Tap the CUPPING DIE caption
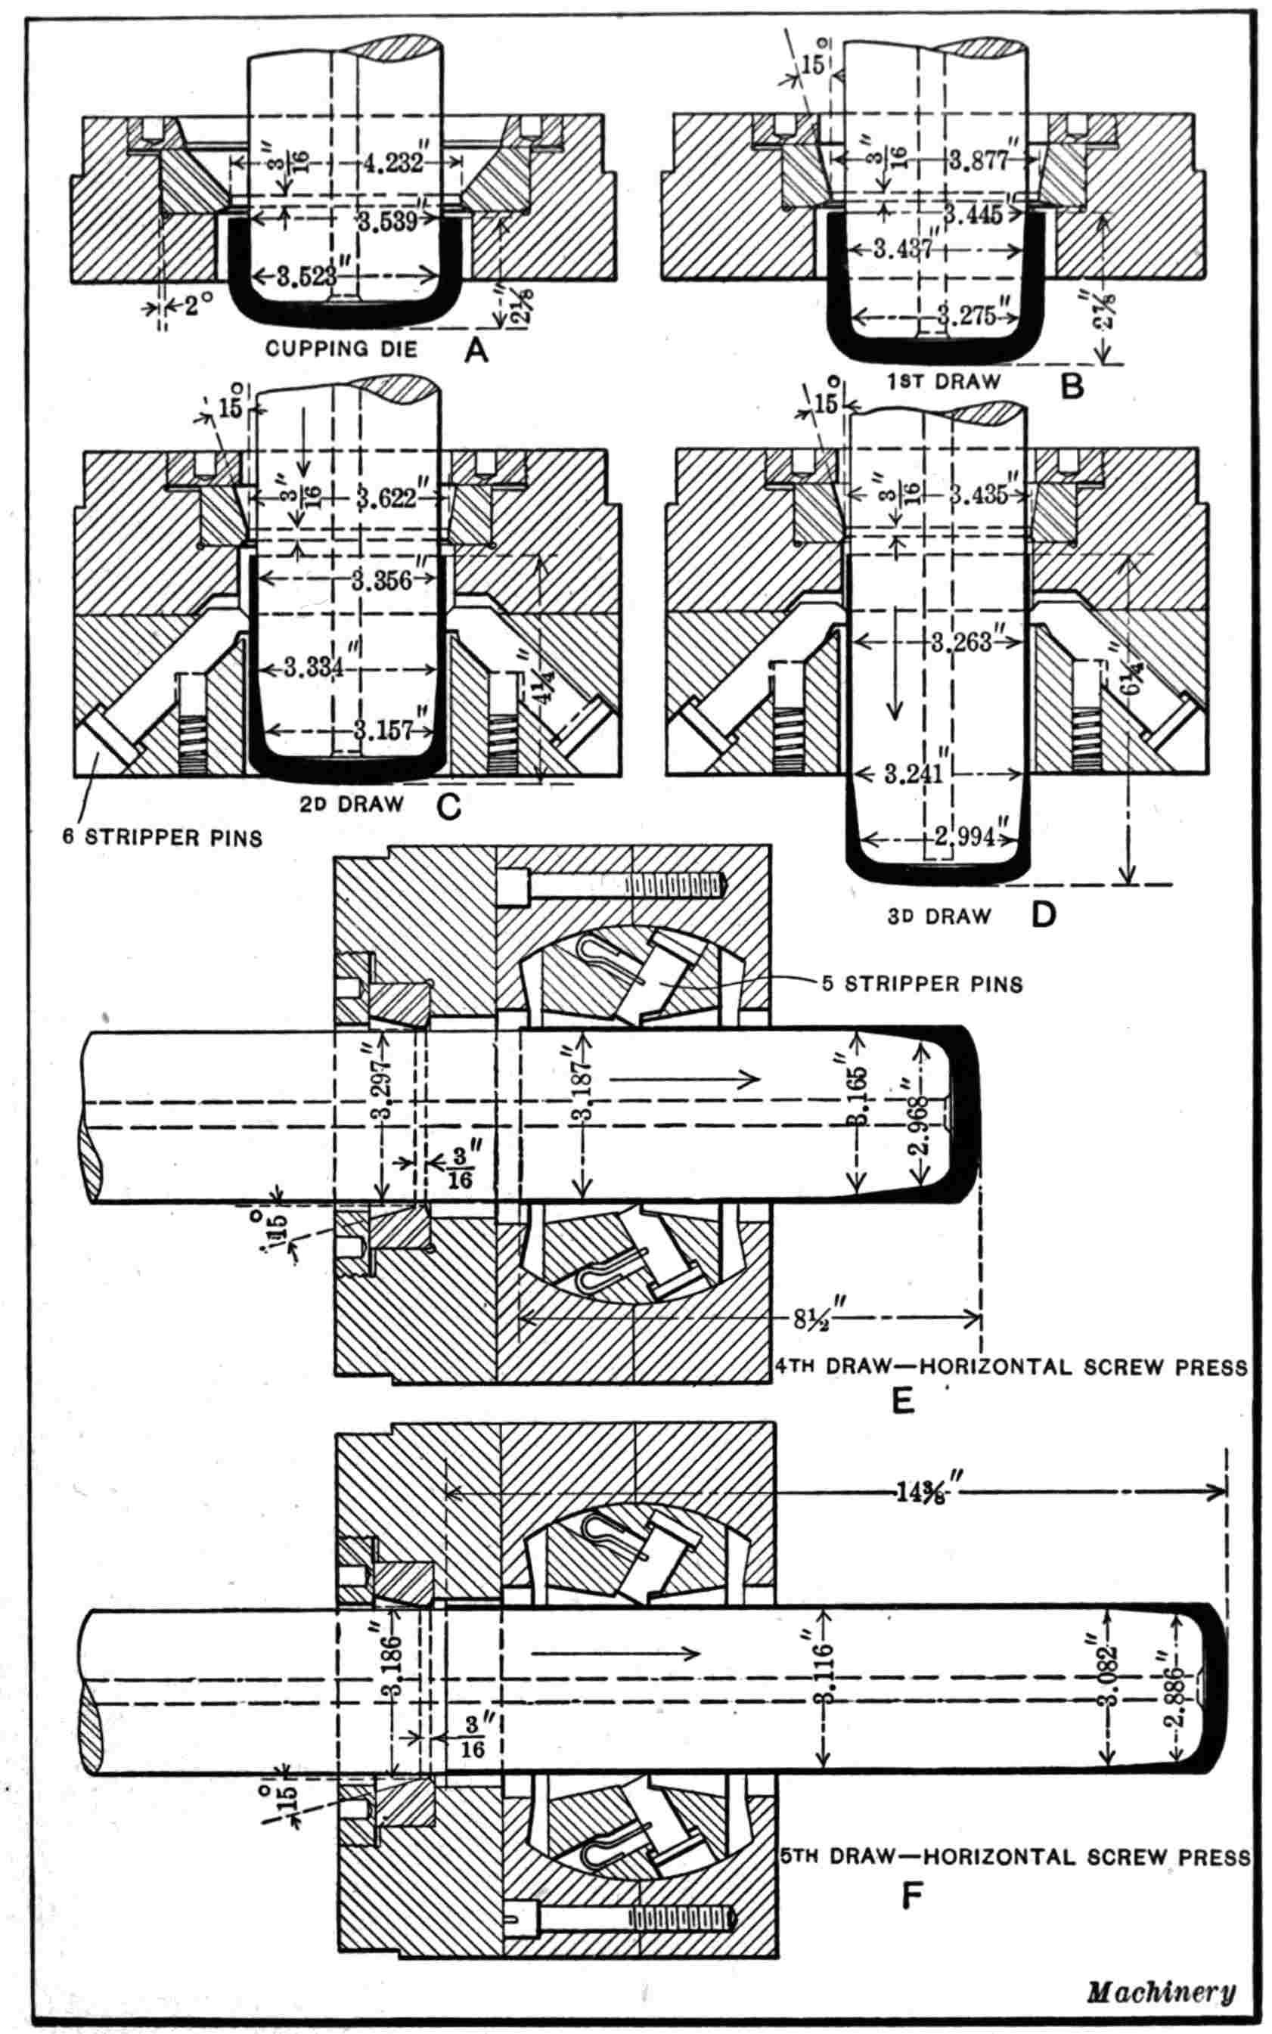(342, 349)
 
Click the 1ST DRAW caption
(943, 381)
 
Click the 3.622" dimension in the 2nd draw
(386, 498)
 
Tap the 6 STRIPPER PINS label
(163, 838)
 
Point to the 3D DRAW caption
(938, 916)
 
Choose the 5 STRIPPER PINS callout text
(922, 984)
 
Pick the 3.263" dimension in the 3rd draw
(964, 645)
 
